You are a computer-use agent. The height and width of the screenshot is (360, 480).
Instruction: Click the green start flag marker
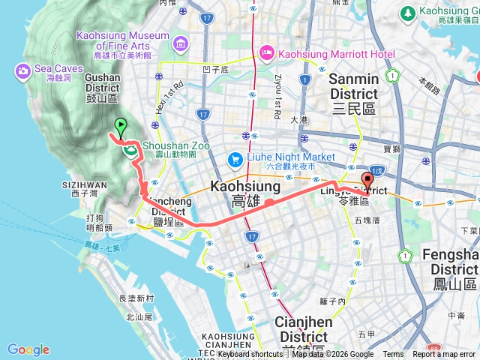[x=120, y=126]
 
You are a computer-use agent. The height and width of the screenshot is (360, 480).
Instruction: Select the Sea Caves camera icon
[x=22, y=71]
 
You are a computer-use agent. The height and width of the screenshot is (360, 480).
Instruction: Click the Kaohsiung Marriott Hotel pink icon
[x=266, y=52]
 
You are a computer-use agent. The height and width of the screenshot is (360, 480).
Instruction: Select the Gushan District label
[x=102, y=91]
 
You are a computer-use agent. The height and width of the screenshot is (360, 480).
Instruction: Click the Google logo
[x=28, y=349]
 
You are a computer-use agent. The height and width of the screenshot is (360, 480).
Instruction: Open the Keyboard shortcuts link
[x=249, y=355]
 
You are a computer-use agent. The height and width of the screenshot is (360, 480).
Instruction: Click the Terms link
[x=393, y=355]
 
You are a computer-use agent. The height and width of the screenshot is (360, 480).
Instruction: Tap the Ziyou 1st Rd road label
[x=277, y=90]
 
